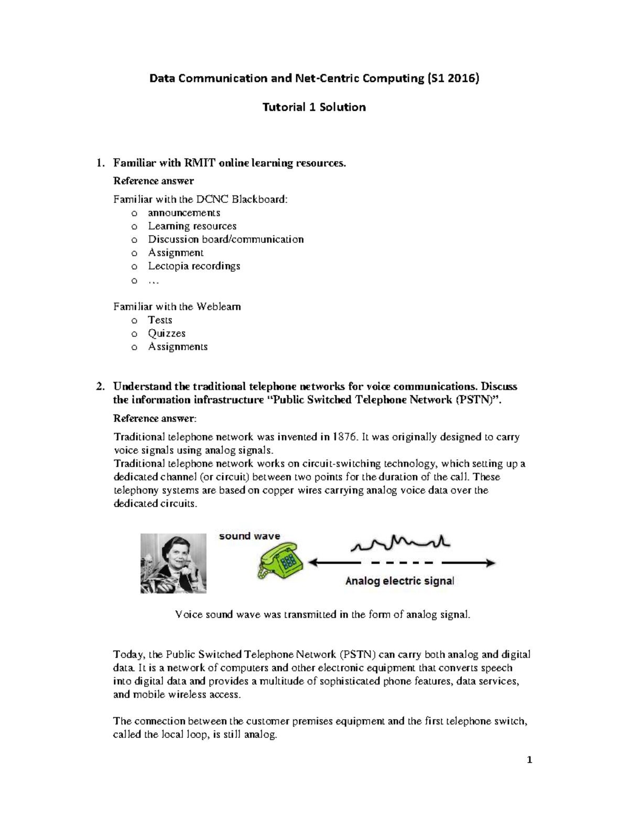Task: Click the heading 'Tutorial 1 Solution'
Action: pyautogui.click(x=314, y=107)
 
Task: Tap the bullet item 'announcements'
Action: pyautogui.click(x=183, y=213)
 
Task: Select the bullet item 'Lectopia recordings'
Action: pyautogui.click(x=194, y=266)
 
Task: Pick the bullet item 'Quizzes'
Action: pyautogui.click(x=166, y=333)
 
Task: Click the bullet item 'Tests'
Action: pyautogui.click(x=160, y=320)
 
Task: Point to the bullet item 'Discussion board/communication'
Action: pyautogui.click(x=225, y=240)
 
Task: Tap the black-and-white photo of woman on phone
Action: pyautogui.click(x=173, y=563)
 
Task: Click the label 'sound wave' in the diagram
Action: pyautogui.click(x=250, y=536)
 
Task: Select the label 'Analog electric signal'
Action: pyautogui.click(x=399, y=581)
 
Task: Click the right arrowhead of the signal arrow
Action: pyautogui.click(x=490, y=563)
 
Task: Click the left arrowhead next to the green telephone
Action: pyautogui.click(x=313, y=563)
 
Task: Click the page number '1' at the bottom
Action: pyautogui.click(x=529, y=760)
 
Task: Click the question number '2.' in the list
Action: pyautogui.click(x=100, y=386)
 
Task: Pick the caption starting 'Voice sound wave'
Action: pyautogui.click(x=322, y=615)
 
